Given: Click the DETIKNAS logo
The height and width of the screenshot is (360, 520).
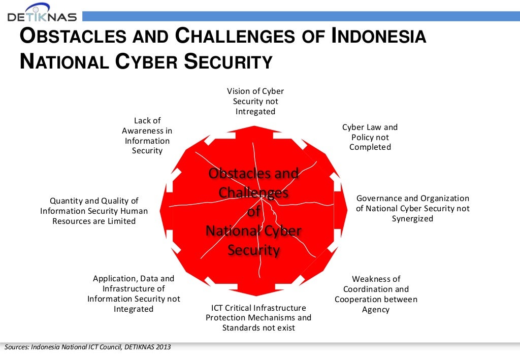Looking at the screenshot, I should pos(42,13).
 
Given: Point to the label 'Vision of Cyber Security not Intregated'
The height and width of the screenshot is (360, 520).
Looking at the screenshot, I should pos(255,102).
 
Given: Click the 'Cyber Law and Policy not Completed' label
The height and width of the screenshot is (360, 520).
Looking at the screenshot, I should pos(370,137).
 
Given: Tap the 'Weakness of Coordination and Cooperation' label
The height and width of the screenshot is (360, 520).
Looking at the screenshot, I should pos(376,294).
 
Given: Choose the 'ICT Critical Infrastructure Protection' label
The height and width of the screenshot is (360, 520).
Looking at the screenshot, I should pos(258,317).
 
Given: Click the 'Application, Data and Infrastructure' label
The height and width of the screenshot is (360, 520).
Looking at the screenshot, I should pos(134,293).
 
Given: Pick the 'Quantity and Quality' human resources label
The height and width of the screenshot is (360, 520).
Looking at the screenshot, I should pos(94,211).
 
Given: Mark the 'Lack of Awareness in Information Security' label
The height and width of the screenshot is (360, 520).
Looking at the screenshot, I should pos(147,136).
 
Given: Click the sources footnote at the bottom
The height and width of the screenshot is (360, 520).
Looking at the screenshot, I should pos(88,347).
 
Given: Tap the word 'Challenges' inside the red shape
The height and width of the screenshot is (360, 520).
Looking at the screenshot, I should pos(253,193).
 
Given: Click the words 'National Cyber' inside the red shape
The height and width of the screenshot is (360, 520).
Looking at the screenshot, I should pos(253,231).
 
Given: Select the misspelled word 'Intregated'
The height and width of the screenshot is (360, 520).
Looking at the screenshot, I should pos(255,112).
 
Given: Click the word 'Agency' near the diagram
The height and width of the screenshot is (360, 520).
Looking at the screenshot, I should pos(376,310).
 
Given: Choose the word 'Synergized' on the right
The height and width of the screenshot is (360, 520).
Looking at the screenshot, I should pos(412,219).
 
